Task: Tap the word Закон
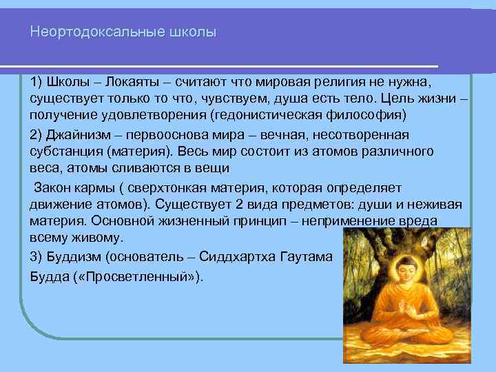pos(53,187)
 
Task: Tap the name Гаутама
pos(307,257)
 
